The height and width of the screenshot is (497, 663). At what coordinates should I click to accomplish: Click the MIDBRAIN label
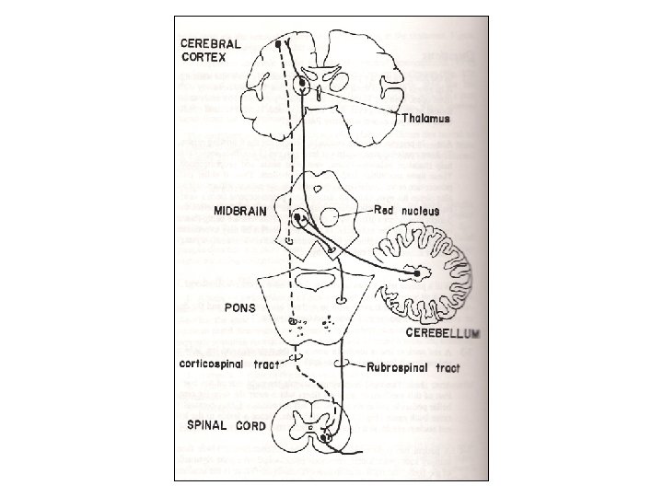[x=241, y=211]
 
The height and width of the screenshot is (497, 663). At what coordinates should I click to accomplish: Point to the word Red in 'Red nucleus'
[x=385, y=211]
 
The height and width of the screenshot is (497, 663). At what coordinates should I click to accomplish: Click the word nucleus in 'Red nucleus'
[x=421, y=211]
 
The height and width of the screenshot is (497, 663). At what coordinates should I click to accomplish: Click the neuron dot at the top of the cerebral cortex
[x=277, y=43]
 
